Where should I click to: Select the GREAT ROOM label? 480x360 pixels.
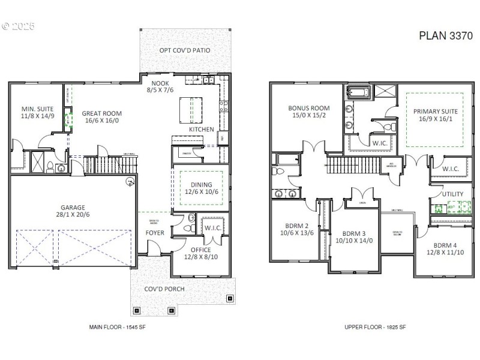click(102, 113)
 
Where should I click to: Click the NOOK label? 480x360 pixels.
click(160, 83)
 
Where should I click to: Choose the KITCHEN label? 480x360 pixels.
click(202, 130)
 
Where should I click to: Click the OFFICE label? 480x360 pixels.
click(200, 249)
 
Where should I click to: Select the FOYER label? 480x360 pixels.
click(155, 233)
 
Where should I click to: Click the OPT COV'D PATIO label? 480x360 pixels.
click(184, 50)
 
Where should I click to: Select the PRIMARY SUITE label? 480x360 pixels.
click(436, 112)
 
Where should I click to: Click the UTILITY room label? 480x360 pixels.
click(452, 194)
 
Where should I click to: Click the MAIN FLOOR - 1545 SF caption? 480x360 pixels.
click(117, 327)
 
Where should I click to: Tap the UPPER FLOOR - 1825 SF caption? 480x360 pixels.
click(375, 327)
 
